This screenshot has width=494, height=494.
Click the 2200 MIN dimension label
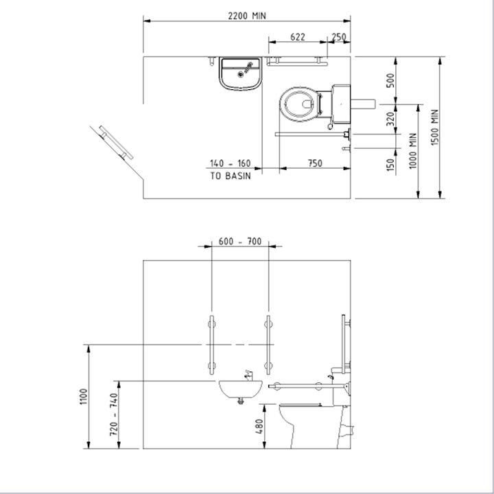[247, 16]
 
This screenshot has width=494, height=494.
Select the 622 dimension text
[297, 37]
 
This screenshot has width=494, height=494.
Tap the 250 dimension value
[339, 37]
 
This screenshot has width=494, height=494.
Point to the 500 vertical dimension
[390, 80]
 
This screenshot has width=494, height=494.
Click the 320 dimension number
[390, 119]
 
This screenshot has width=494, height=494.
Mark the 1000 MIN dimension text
[413, 151]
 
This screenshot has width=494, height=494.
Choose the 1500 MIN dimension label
[434, 128]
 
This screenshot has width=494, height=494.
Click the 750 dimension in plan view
[315, 163]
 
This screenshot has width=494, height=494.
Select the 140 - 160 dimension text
[231, 163]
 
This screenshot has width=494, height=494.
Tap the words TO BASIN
[231, 176]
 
